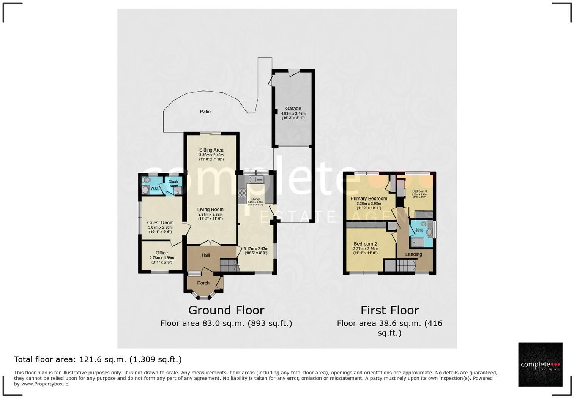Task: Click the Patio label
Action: coord(205,112)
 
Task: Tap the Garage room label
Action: coord(293,109)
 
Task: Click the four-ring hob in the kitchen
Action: coord(242,193)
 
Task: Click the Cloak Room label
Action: coord(173,184)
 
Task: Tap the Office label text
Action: coord(162,253)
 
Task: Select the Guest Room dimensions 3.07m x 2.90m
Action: coord(160,227)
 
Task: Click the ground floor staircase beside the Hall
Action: coord(229,265)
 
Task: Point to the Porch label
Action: coord(203,283)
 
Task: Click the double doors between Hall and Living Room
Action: coord(211,243)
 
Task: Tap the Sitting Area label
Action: coord(211,150)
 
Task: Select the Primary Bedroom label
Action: coord(369,199)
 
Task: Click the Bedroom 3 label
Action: coord(419,191)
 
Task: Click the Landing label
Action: coord(413,254)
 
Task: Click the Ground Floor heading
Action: coord(226,310)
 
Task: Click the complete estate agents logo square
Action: coord(540,364)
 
